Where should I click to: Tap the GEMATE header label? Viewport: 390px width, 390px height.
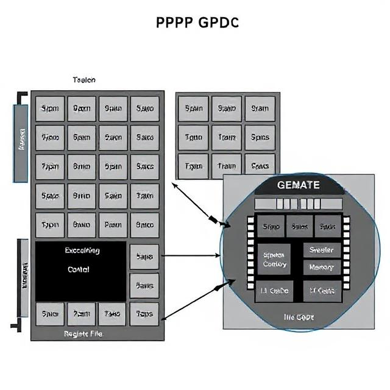pos(298,185)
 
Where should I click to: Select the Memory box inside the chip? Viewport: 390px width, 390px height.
pos(321,268)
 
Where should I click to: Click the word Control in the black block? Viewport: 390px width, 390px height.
pos(78,269)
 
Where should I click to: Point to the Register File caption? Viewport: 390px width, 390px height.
pos(83,334)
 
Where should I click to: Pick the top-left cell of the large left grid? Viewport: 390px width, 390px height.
pos(49,108)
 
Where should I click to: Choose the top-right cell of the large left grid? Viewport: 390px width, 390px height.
pos(144,108)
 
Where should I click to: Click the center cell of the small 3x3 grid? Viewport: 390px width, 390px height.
pos(227,137)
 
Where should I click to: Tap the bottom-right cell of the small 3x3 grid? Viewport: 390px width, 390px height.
pos(260,165)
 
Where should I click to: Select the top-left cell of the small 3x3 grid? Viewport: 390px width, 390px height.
pos(193,108)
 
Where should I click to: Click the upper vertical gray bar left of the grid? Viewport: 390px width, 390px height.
pos(21,143)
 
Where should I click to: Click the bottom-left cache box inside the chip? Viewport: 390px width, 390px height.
pos(275,291)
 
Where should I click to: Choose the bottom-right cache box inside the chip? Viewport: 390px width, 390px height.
pos(321,291)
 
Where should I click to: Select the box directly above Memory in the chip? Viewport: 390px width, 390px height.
pos(321,250)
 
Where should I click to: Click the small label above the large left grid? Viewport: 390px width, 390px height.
pos(83,80)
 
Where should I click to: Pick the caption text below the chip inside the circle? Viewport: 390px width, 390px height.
pos(298,317)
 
